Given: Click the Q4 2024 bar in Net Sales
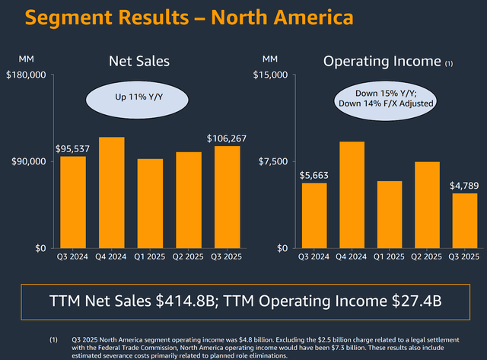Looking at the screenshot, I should click(112, 193).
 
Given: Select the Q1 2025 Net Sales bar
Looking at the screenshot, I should click(151, 203).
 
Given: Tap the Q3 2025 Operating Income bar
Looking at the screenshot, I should click(465, 221).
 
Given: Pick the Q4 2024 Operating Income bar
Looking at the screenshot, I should click(352, 195).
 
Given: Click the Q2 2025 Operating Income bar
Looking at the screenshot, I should click(427, 205).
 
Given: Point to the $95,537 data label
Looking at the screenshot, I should click(73, 148).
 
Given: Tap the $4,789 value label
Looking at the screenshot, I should click(465, 185).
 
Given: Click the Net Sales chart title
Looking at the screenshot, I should click(139, 62).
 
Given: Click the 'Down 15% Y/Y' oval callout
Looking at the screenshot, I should click(388, 98).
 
